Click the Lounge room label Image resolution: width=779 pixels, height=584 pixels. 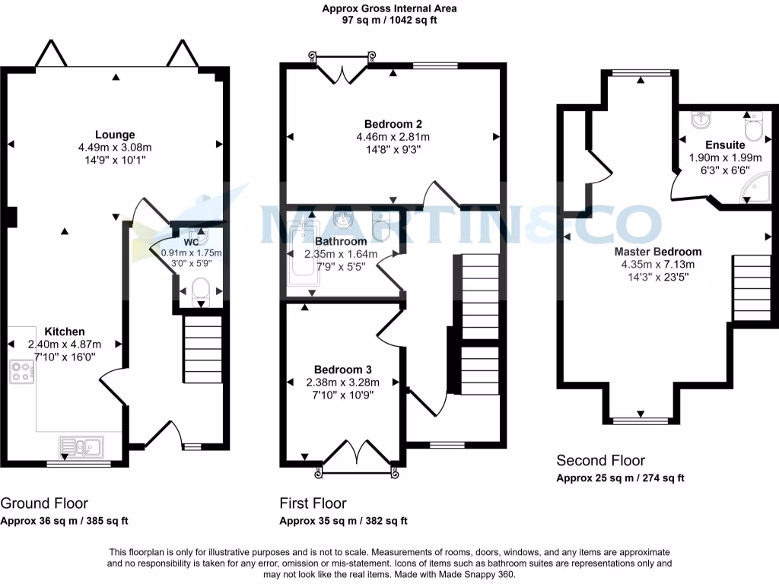click(x=115, y=135)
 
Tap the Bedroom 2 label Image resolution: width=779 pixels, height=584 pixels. click(x=393, y=124)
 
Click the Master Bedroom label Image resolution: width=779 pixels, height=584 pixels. click(x=658, y=252)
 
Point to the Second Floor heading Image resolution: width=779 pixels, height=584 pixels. click(x=600, y=460)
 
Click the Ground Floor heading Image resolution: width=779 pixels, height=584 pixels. click(x=44, y=503)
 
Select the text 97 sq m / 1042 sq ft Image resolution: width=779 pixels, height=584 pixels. click(x=389, y=21)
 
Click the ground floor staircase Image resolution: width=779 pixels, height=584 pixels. click(x=203, y=351)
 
